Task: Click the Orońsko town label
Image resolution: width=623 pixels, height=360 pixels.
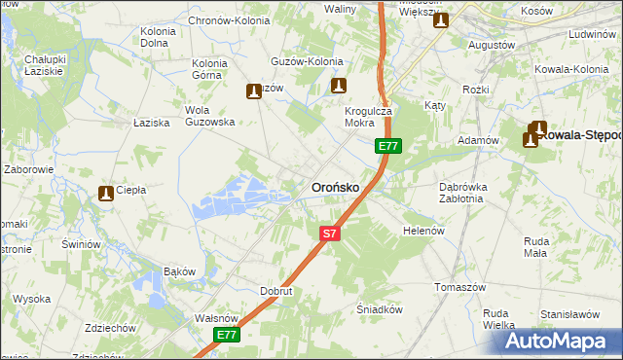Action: [335, 186]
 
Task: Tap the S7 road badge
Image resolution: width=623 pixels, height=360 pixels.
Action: [330, 234]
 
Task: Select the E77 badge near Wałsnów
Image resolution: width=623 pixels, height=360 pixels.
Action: [227, 335]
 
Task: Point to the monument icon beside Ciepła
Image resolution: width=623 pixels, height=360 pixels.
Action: [105, 194]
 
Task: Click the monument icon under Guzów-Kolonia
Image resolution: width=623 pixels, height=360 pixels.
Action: [339, 86]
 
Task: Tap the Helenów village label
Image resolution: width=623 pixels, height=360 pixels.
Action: [423, 231]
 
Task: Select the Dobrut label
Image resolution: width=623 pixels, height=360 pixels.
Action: [276, 290]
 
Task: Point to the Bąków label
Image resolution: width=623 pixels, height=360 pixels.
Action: [180, 270]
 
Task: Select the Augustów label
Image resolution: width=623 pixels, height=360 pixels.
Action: [491, 45]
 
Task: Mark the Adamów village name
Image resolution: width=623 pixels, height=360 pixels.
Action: [478, 140]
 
